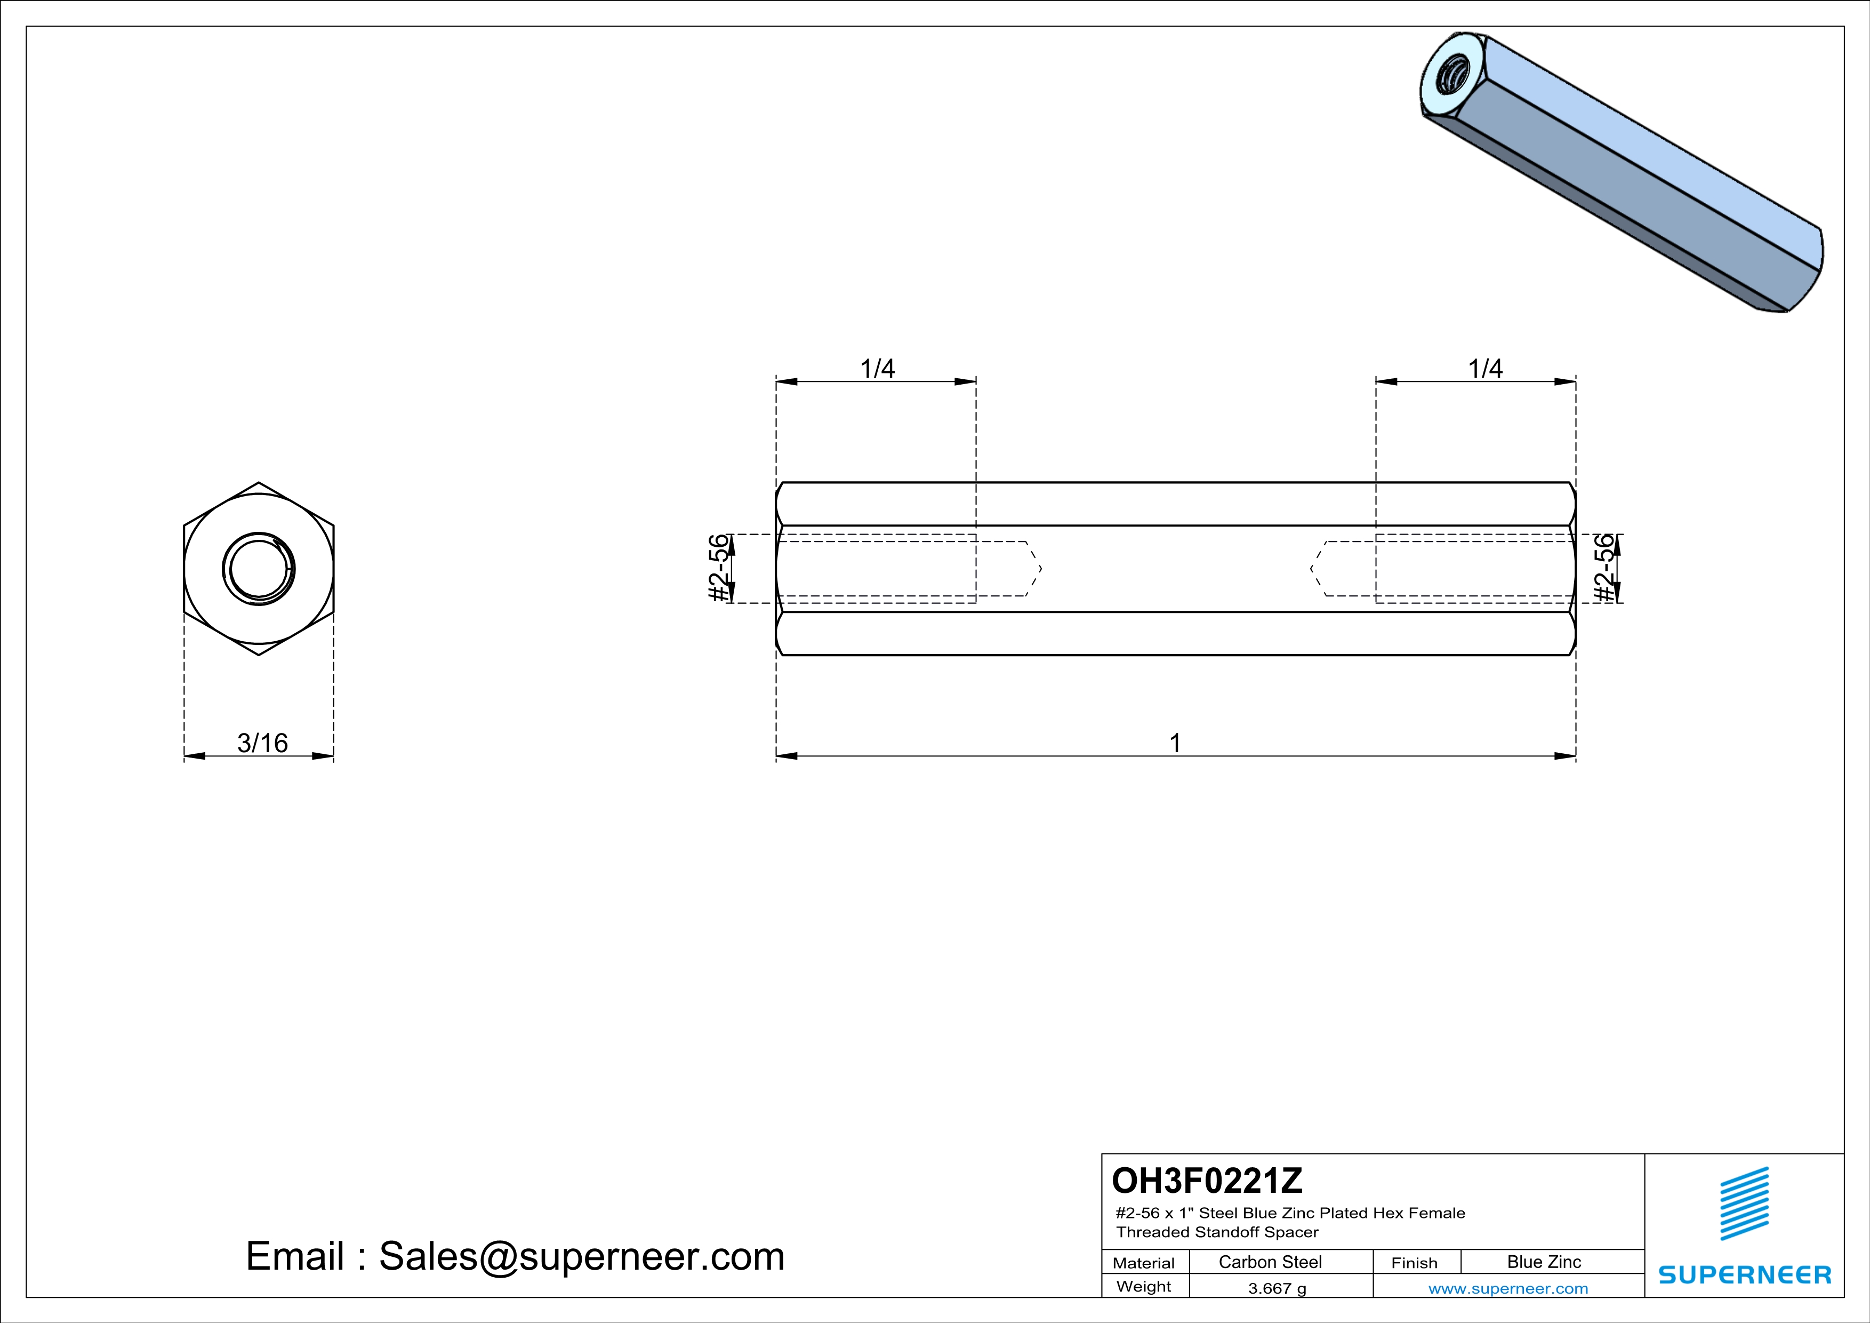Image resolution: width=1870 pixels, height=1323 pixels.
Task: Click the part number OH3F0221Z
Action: (x=1207, y=1181)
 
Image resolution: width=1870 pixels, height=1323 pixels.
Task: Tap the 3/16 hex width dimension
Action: (x=262, y=743)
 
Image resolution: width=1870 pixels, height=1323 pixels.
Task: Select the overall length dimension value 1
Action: (x=1175, y=743)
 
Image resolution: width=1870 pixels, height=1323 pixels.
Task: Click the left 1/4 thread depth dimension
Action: (x=877, y=369)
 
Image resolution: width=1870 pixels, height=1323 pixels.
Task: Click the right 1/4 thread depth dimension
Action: (x=1485, y=369)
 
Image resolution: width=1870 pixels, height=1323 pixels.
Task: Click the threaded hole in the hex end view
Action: (x=258, y=569)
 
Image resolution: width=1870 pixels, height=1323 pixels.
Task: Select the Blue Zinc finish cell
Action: (x=1543, y=1262)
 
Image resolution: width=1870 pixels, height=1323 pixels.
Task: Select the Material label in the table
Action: (x=1144, y=1263)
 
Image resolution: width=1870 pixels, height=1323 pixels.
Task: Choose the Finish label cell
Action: (x=1414, y=1263)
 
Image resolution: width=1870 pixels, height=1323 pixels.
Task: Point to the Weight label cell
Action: (x=1144, y=1286)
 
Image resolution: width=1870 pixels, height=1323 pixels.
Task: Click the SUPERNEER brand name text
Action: (x=1745, y=1275)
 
